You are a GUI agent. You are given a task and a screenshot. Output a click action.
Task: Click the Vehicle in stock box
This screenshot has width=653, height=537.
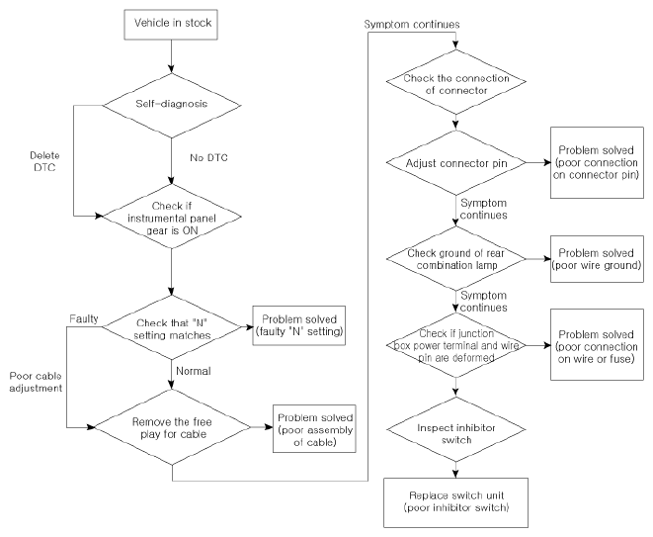tap(171, 25)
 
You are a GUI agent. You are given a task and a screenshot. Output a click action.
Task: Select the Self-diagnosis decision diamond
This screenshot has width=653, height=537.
tap(172, 105)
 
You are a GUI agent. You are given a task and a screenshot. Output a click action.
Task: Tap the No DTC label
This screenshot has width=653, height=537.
tap(208, 157)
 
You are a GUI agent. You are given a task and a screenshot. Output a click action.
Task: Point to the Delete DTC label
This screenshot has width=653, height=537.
tap(44, 161)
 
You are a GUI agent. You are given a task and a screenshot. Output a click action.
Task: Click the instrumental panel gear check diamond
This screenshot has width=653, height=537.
tap(172, 217)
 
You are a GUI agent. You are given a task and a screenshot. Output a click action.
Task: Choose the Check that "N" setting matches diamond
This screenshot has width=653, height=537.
tap(172, 327)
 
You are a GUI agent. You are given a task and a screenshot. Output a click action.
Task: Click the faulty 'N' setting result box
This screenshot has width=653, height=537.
tap(299, 325)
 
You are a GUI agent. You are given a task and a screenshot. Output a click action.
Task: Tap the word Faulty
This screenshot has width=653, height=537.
tap(84, 319)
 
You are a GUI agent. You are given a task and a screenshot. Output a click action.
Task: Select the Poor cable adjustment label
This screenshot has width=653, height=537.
tap(36, 382)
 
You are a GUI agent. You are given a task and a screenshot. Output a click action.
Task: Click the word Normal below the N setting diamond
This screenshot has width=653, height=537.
tap(194, 371)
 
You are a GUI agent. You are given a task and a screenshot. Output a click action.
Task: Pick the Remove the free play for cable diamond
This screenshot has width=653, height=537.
tap(173, 427)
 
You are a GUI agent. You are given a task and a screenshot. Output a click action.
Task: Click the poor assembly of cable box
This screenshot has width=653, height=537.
tap(314, 428)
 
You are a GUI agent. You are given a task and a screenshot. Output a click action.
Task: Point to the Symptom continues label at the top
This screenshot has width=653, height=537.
tap(412, 24)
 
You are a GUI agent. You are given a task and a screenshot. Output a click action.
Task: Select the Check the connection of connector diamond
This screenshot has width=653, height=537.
tap(456, 82)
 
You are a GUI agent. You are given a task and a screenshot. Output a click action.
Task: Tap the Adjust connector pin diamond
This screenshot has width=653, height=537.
tap(456, 162)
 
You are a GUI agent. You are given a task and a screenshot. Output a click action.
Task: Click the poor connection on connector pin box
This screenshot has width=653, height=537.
tap(597, 162)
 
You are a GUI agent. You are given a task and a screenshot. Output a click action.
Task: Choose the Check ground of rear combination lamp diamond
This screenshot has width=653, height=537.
tap(456, 258)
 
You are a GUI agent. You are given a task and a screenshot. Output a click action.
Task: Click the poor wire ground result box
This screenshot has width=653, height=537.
tap(597, 259)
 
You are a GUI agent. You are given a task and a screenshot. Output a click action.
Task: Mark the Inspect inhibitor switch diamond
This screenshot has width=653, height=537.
tap(456, 429)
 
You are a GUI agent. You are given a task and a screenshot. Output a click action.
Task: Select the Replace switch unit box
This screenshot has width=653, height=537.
tap(455, 502)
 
